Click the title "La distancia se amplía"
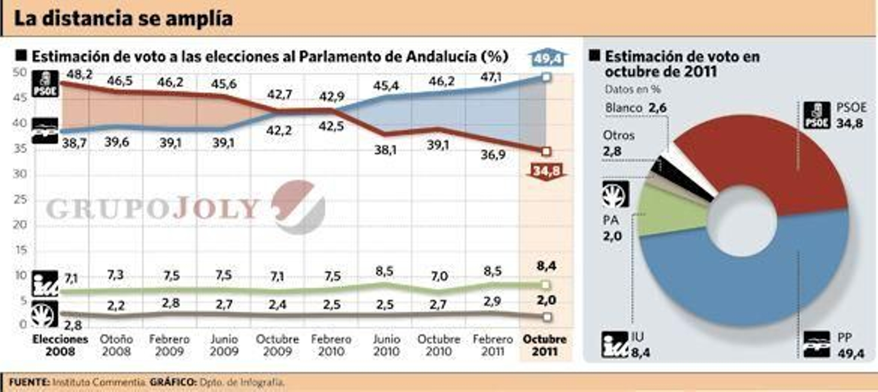tap(123, 19)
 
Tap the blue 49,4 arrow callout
tap(547, 58)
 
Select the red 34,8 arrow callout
tap(547, 171)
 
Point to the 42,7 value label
tap(279, 94)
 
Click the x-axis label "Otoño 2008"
tap(116, 345)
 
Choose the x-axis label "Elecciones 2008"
tap(60, 345)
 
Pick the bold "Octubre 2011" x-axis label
tap(544, 345)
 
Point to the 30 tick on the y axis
tap(20, 174)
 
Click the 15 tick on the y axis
tap(20, 250)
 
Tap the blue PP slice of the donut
tap(741, 280)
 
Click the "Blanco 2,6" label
tap(635, 108)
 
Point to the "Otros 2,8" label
tap(618, 143)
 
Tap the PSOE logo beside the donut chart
tap(817, 115)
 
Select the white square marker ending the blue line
tap(546, 78)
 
